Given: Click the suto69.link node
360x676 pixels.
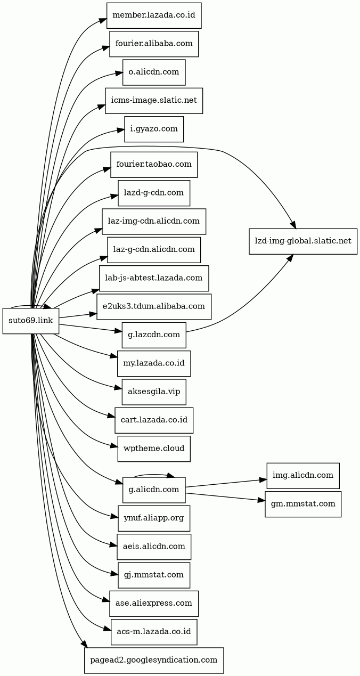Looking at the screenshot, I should coord(31,321).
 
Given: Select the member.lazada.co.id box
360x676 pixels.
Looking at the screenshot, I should coord(154,15).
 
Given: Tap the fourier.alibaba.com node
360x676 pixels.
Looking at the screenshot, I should coord(154,44).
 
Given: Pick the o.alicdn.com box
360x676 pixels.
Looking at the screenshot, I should coord(154,72).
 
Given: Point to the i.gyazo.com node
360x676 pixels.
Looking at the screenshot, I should coord(154,129).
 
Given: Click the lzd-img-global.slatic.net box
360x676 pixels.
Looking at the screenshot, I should coord(303,241).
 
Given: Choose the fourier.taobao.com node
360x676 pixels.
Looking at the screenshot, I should coord(154,165).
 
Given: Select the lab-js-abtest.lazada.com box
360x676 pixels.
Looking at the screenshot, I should coord(154,278).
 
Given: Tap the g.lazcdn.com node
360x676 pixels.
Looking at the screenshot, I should coord(154,335).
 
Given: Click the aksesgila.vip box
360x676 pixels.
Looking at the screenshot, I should coord(154,392).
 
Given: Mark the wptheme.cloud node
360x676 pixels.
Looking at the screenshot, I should coord(154,449).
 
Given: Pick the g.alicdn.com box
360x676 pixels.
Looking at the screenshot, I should coord(154,490).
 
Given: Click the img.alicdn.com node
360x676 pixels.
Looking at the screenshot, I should coord(303,476).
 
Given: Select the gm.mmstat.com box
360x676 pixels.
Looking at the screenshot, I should coord(303,504).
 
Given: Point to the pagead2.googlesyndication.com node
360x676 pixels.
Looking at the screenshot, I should coord(154,660).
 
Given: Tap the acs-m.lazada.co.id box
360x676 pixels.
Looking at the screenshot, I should coord(154,632).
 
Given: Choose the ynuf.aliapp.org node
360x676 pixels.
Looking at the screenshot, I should coord(154,518).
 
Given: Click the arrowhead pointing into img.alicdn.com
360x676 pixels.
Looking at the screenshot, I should coord(263,480).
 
